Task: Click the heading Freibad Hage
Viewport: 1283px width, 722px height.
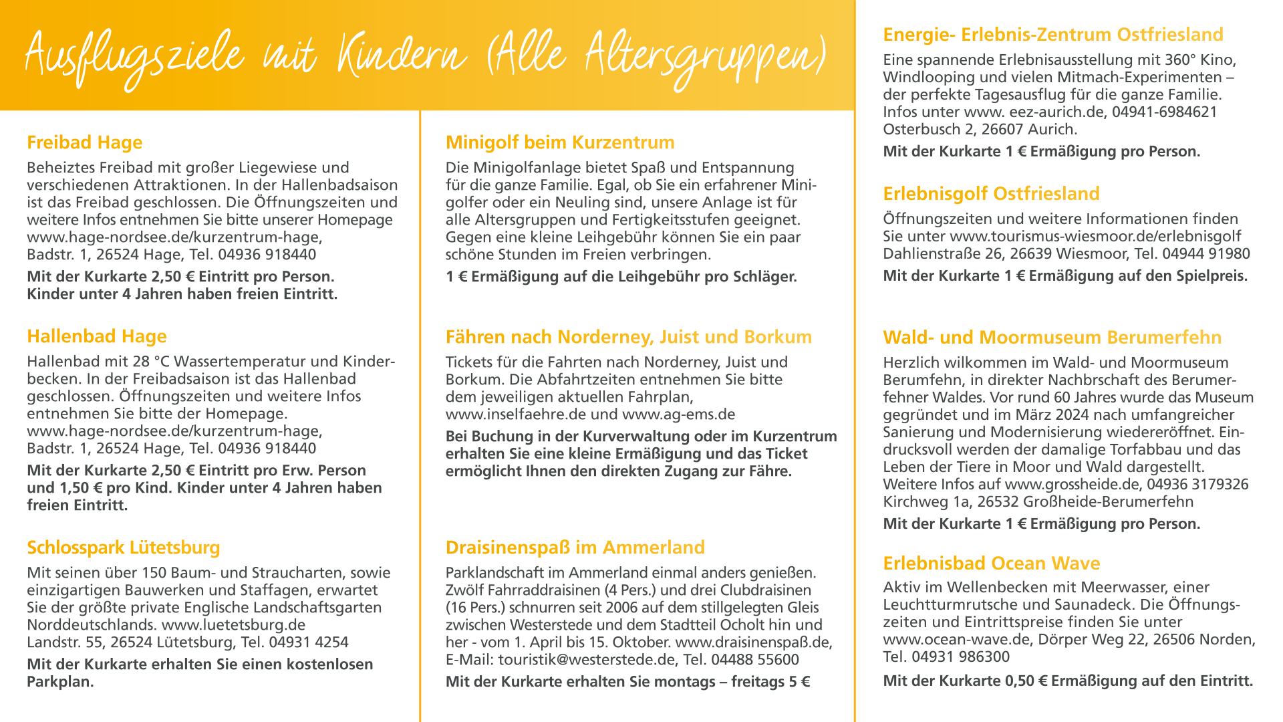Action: coord(84,142)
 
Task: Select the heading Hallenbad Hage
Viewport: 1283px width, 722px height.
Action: coord(96,336)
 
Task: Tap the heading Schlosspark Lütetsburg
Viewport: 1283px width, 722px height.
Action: coord(123,548)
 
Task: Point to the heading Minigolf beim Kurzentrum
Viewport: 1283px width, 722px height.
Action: coord(560,142)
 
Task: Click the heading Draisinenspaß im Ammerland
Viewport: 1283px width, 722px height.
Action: coord(575,548)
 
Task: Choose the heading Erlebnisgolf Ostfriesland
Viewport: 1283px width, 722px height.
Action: coord(991,194)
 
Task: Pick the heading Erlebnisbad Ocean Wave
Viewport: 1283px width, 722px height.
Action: coord(991,564)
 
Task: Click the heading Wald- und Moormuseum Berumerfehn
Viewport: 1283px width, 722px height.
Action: coord(1052,338)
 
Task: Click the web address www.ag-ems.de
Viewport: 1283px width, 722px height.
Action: coord(678,414)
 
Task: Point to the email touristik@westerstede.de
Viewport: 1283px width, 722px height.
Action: coord(587,660)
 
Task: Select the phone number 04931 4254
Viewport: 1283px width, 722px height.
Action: coord(308,642)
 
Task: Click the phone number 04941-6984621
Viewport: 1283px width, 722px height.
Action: coord(1164,112)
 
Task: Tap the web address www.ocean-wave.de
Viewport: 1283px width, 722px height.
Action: coord(956,640)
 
